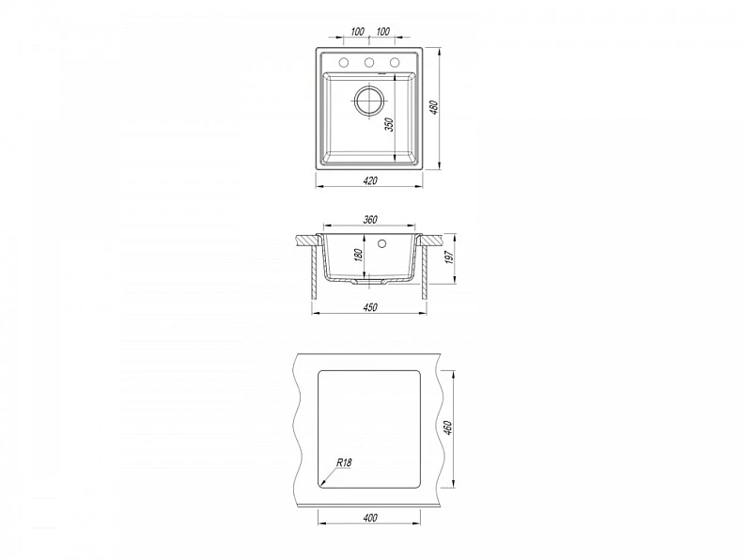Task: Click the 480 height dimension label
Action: coord(433,107)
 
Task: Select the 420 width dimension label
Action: coord(369,180)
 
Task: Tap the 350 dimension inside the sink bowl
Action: coord(390,125)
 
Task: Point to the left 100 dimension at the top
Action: coord(357,31)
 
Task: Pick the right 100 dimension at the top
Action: coord(383,31)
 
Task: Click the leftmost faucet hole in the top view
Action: coord(344,62)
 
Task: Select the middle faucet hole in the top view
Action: coord(368,62)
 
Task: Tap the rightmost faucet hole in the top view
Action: coord(395,62)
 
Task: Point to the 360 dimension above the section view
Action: coord(369,220)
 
